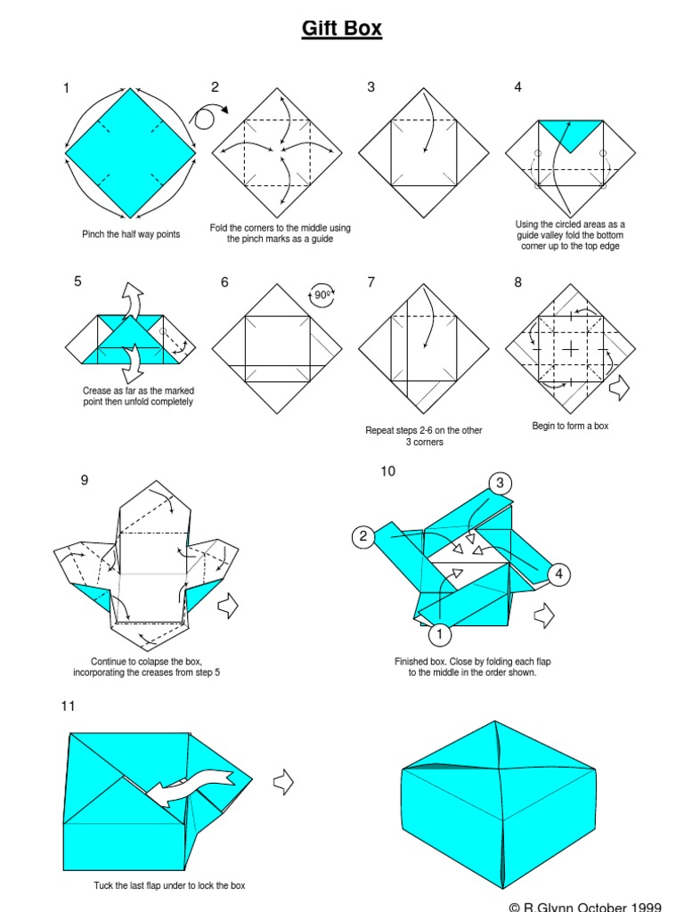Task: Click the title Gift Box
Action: coord(342,28)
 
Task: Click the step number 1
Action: coord(66,87)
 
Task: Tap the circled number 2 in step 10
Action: coord(362,536)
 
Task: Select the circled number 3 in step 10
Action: coord(501,484)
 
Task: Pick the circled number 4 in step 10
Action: coord(559,574)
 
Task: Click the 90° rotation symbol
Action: coord(322,295)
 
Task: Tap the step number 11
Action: coord(68,706)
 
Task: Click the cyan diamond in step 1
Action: coord(130,152)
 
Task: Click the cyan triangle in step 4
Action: coord(571,134)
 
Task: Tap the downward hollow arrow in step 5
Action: coord(136,362)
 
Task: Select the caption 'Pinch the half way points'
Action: coord(131,234)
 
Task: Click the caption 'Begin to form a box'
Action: coord(570,427)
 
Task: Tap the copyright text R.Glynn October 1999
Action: coord(585,906)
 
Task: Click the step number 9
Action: coord(85,480)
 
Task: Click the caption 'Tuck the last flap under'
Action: coord(169,885)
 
